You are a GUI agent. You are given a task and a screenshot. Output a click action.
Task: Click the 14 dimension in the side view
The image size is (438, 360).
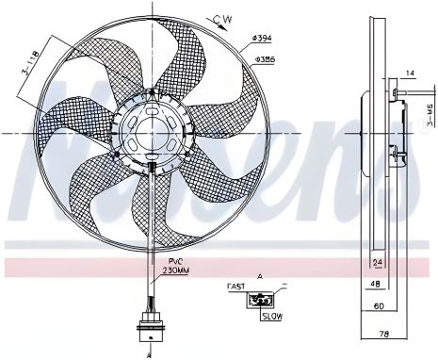pyautogui.click(x=409, y=72)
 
